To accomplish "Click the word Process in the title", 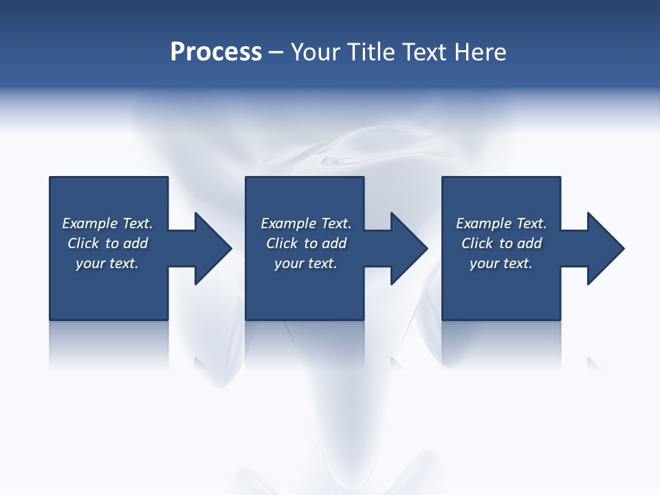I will point(216,52).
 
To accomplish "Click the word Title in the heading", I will point(371,52).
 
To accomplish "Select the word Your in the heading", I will point(317,52).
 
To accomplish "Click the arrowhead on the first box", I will point(210,248).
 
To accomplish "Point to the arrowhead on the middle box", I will point(406,248).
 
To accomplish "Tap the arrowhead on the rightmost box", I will point(603,248).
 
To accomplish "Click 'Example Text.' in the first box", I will point(107,223).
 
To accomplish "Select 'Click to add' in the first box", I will point(107,243).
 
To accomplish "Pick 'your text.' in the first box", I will point(107,263).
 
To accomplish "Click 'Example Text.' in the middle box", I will point(306,223).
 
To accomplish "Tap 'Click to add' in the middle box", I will point(306,243).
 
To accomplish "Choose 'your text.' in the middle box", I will point(306,263).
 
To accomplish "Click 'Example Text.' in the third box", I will point(501,223).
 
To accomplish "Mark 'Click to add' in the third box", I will point(501,243).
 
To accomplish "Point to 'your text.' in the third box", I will point(501,263).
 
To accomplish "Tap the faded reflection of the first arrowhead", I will point(201,362).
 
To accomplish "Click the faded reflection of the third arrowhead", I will point(593,362).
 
